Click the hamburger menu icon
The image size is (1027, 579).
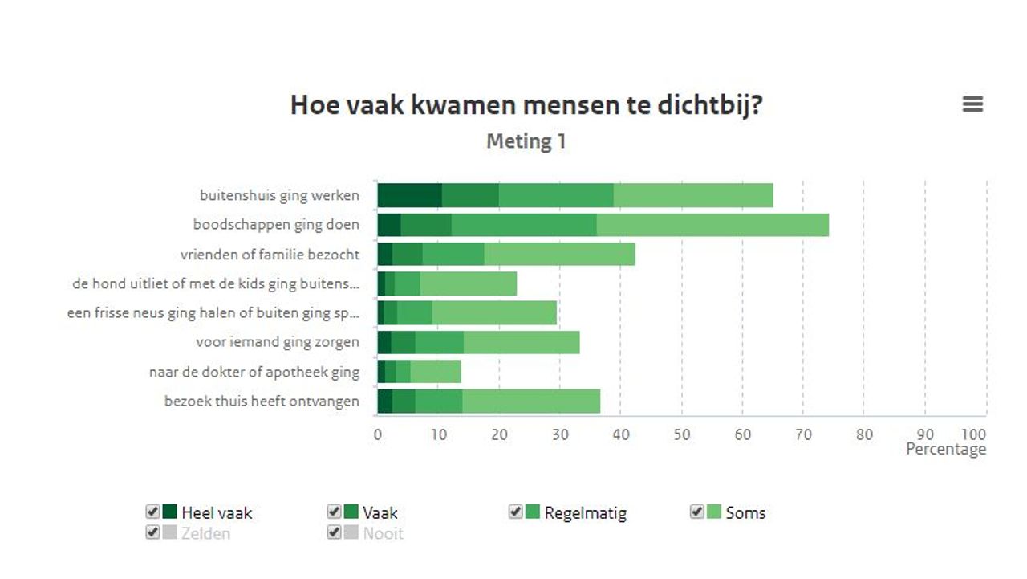[x=972, y=104]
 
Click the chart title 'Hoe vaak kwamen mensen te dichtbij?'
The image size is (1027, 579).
[x=526, y=105]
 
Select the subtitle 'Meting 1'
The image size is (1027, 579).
[x=526, y=142]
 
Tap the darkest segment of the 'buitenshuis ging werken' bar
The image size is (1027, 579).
[x=409, y=195]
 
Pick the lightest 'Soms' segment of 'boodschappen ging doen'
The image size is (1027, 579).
[x=712, y=225]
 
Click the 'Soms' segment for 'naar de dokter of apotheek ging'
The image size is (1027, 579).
[x=436, y=372]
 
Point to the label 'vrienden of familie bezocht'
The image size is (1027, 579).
[x=270, y=255]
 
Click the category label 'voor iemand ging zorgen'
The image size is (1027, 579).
[x=278, y=342]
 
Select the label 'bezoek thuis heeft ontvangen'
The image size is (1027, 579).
[x=262, y=401]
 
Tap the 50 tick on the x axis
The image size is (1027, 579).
[x=681, y=435]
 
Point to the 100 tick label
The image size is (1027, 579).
[x=974, y=435]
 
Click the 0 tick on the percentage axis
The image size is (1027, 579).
[x=378, y=435]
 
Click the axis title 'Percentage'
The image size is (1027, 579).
[x=946, y=450]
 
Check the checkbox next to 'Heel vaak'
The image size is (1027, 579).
[x=152, y=512]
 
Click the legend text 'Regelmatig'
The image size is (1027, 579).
[x=585, y=513]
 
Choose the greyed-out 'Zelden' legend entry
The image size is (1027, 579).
[x=205, y=533]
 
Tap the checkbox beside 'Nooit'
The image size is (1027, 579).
[x=334, y=532]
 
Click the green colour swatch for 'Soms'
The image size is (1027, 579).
[x=714, y=512]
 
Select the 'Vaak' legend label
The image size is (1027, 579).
[x=380, y=513]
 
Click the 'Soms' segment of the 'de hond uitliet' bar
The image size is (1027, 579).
[x=468, y=283]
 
